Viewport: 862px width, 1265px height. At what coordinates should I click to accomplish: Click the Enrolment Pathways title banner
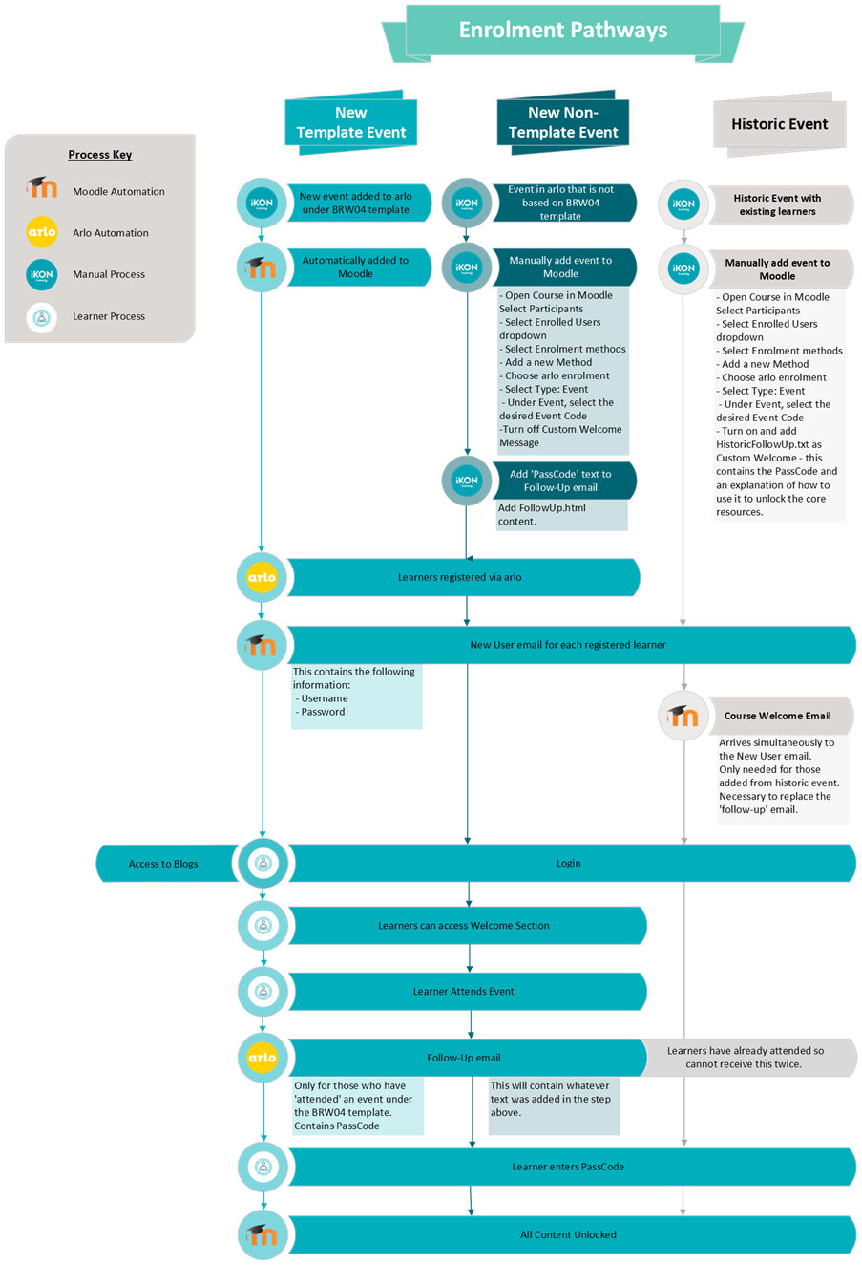(563, 31)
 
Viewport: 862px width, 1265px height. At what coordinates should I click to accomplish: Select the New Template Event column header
(351, 122)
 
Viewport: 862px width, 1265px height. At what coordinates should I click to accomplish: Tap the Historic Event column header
(779, 124)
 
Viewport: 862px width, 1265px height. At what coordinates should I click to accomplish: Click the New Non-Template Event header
(563, 122)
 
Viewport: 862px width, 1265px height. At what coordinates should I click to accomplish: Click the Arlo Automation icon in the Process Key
(42, 232)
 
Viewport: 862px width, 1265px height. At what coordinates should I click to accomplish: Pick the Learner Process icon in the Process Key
(42, 316)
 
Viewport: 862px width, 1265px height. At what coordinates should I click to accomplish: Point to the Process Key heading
(100, 155)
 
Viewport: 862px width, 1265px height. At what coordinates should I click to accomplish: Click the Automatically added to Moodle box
(355, 267)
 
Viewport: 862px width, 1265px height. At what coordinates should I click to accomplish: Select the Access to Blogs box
(163, 864)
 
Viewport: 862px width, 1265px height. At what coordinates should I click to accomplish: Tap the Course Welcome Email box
(777, 716)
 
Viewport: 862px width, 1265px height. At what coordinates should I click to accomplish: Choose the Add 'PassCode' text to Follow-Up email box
(560, 481)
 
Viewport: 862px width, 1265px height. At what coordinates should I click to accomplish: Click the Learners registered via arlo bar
(460, 577)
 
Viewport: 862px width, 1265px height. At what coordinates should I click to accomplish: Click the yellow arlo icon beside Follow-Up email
(262, 1058)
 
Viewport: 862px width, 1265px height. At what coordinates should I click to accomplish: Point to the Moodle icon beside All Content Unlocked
(262, 1234)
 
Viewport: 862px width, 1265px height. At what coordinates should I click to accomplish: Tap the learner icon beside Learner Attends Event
(263, 992)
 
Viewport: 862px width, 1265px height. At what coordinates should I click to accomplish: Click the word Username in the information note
(325, 698)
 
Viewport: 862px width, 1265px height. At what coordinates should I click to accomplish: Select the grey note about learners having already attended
(746, 1057)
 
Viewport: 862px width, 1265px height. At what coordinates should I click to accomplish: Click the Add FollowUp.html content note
(542, 515)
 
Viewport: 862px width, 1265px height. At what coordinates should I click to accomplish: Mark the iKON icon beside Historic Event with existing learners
(683, 204)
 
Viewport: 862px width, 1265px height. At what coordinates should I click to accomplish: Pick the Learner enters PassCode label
(568, 1167)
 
